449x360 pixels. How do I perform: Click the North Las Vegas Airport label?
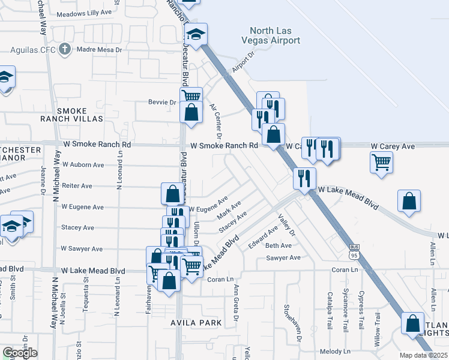[274, 35]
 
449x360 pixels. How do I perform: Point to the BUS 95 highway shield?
[354, 252]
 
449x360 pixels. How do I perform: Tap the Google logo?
[20, 352]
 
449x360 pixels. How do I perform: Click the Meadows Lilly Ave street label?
[85, 13]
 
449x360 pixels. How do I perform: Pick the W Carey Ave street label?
[393, 146]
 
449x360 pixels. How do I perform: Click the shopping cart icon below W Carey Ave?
[382, 162]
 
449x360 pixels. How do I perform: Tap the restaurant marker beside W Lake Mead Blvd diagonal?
[304, 178]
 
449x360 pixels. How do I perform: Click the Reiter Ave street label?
[77, 186]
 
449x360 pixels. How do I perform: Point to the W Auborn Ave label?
[83, 164]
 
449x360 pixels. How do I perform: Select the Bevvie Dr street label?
[162, 102]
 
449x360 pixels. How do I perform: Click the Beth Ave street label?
[278, 245]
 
